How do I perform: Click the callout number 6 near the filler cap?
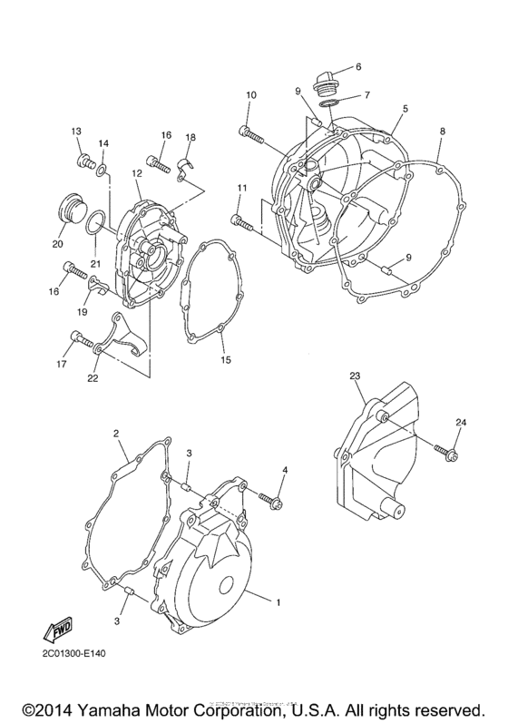pos(358,66)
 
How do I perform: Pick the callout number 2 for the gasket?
pos(117,433)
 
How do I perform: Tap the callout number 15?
pos(226,359)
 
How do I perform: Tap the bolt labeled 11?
pos(247,220)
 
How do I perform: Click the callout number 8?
pos(442,132)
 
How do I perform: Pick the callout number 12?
pos(134,173)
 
